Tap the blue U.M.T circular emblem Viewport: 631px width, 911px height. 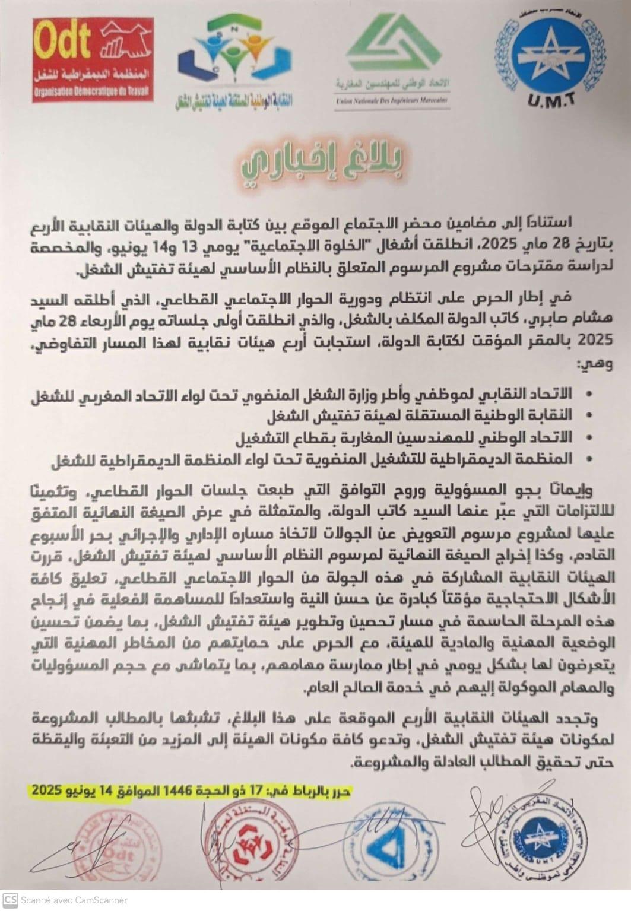click(550, 56)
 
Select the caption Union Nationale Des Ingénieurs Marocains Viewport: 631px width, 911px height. click(392, 101)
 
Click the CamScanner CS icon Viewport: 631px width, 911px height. click(10, 900)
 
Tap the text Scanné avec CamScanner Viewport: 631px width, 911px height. click(74, 900)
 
